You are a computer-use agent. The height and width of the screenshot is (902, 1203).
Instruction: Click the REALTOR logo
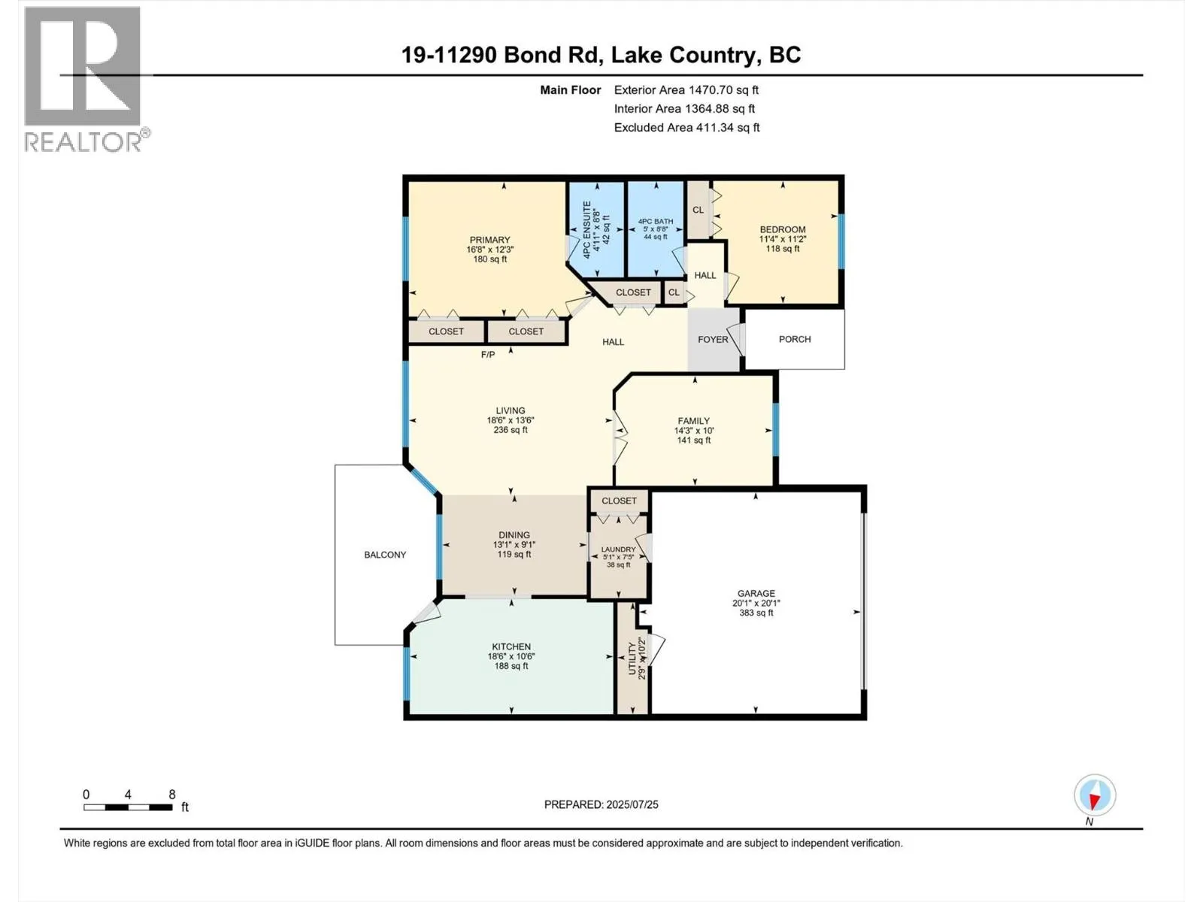[86, 80]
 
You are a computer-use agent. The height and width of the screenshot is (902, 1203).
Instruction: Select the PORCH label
[794, 339]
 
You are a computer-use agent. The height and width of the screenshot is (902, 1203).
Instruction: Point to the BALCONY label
[385, 555]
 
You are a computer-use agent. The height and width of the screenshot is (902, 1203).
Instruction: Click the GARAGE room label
[756, 593]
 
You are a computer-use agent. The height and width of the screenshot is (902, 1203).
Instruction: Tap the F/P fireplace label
[488, 355]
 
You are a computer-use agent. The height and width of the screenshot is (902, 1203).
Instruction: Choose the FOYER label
[713, 340]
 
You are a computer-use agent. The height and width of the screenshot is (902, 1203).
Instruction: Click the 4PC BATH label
[656, 221]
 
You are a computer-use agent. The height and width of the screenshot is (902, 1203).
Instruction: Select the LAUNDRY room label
[618, 549]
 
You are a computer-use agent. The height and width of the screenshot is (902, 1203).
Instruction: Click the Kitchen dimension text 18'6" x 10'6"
[511, 656]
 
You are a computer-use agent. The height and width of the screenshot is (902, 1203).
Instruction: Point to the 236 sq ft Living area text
[511, 430]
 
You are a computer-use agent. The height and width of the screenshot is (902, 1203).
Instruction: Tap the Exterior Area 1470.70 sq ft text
[686, 89]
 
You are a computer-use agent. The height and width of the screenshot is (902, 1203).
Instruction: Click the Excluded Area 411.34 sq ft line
[686, 128]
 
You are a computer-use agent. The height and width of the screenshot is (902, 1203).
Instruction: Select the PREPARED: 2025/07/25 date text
[601, 804]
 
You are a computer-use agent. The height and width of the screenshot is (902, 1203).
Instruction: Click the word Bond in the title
[528, 55]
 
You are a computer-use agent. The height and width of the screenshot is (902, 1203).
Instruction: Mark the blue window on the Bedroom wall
[841, 241]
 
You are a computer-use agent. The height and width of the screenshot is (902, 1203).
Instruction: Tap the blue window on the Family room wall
[775, 429]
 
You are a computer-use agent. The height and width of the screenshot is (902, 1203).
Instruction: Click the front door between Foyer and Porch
[738, 340]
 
